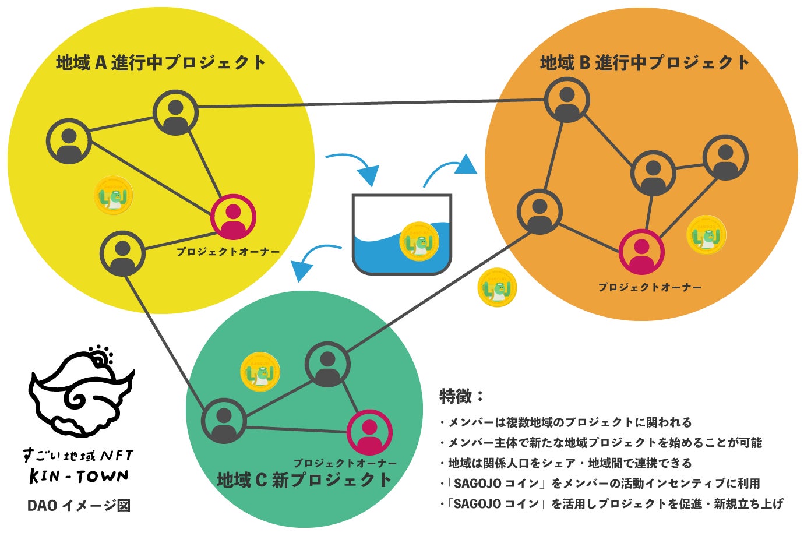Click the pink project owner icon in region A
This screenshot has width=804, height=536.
click(233, 217)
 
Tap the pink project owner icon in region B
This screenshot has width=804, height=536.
click(641, 252)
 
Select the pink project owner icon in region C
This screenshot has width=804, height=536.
click(369, 433)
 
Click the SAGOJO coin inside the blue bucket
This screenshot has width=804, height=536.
click(419, 241)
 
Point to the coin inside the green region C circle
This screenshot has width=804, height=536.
click(260, 371)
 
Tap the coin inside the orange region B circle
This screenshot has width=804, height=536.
click(706, 235)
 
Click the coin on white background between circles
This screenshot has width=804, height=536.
click(497, 287)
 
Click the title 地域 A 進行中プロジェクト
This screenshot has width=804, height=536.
click(161, 62)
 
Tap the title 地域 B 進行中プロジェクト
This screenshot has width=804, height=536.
click(644, 62)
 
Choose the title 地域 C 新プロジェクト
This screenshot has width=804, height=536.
click(304, 480)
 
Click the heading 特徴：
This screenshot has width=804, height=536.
click(461, 396)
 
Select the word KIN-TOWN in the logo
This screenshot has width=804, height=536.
click(79, 477)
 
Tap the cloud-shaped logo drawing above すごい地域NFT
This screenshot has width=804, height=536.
click(82, 394)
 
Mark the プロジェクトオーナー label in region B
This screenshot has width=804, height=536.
click(650, 287)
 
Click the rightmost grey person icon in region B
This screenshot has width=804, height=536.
click(725, 158)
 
